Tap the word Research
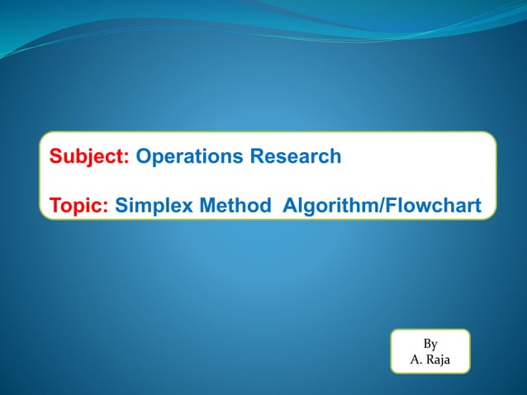point(291,156)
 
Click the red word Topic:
point(79,204)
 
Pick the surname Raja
point(437,359)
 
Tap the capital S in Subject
point(55,156)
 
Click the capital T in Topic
point(55,204)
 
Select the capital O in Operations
point(143,156)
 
